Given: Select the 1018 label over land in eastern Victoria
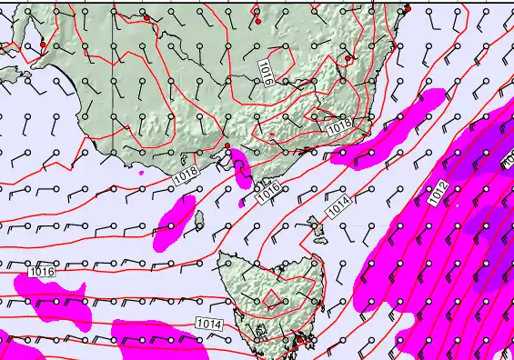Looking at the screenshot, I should click(x=339, y=129).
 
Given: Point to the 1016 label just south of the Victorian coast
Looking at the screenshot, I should click(x=267, y=191).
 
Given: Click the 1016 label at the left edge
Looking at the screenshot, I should click(x=42, y=271).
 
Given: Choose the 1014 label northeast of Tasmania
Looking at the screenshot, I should click(x=338, y=207).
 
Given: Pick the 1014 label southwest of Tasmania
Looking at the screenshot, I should click(x=207, y=324).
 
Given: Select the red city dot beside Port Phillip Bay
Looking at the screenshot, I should click(x=227, y=146).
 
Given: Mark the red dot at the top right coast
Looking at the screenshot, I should click(x=407, y=9).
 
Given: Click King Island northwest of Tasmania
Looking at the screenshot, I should click(x=198, y=219).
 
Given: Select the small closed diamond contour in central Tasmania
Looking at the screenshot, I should click(x=272, y=298).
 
